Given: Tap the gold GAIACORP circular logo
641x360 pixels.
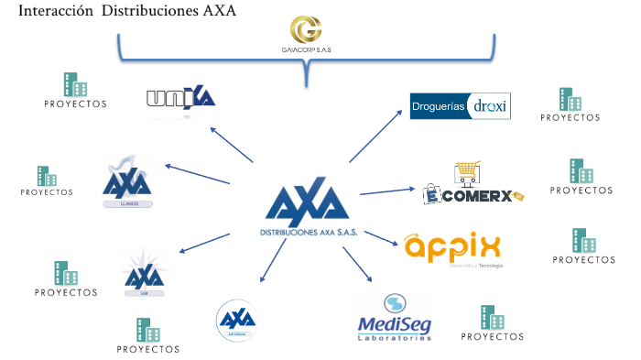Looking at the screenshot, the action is click(x=307, y=27).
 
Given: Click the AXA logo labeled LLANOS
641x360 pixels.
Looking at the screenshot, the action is click(x=127, y=183).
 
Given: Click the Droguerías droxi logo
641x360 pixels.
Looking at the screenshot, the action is click(x=460, y=106).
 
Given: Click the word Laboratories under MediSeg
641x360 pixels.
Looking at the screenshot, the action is click(x=394, y=338).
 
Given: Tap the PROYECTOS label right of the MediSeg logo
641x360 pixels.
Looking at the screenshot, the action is click(x=493, y=336).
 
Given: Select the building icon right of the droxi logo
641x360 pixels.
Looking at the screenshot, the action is click(x=570, y=99).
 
